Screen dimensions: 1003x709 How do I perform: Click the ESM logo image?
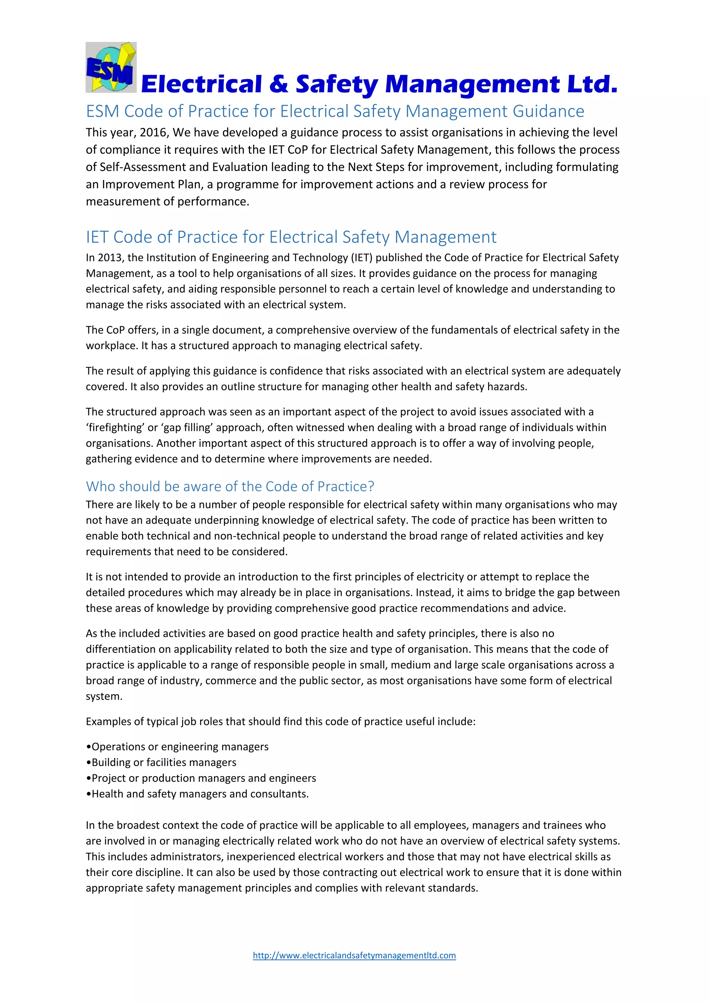click(111, 67)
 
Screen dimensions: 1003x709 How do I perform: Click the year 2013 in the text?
click(109, 258)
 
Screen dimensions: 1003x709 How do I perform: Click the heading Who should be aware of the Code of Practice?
click(230, 486)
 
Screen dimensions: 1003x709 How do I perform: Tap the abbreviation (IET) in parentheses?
click(361, 258)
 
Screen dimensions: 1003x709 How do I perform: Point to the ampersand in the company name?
click(279, 84)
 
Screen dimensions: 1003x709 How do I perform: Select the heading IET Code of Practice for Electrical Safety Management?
click(291, 237)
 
